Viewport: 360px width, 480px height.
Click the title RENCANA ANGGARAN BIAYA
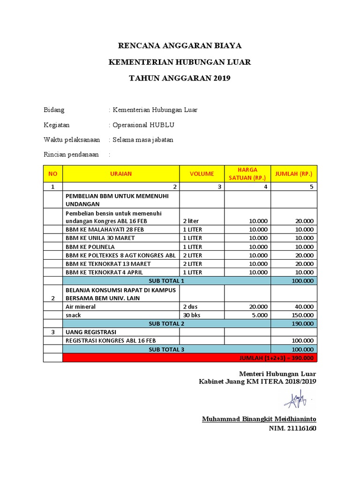tap(180, 45)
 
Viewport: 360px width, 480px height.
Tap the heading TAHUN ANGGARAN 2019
tap(180, 78)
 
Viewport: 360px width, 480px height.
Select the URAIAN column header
tap(121, 173)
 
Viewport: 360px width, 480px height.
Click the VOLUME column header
tap(202, 173)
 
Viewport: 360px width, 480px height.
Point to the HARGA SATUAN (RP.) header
tap(247, 173)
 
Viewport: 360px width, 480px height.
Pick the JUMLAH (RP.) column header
tap(293, 173)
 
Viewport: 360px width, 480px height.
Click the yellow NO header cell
tap(52, 173)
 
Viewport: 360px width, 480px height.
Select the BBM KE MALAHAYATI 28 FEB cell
tap(100, 230)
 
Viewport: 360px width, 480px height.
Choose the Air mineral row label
tap(81, 307)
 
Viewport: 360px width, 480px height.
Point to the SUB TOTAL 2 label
tap(166, 323)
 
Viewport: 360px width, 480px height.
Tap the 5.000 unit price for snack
tap(260, 315)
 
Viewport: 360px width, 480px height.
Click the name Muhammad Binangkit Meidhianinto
tap(259, 419)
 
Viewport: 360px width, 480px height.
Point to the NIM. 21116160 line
tap(292, 428)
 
